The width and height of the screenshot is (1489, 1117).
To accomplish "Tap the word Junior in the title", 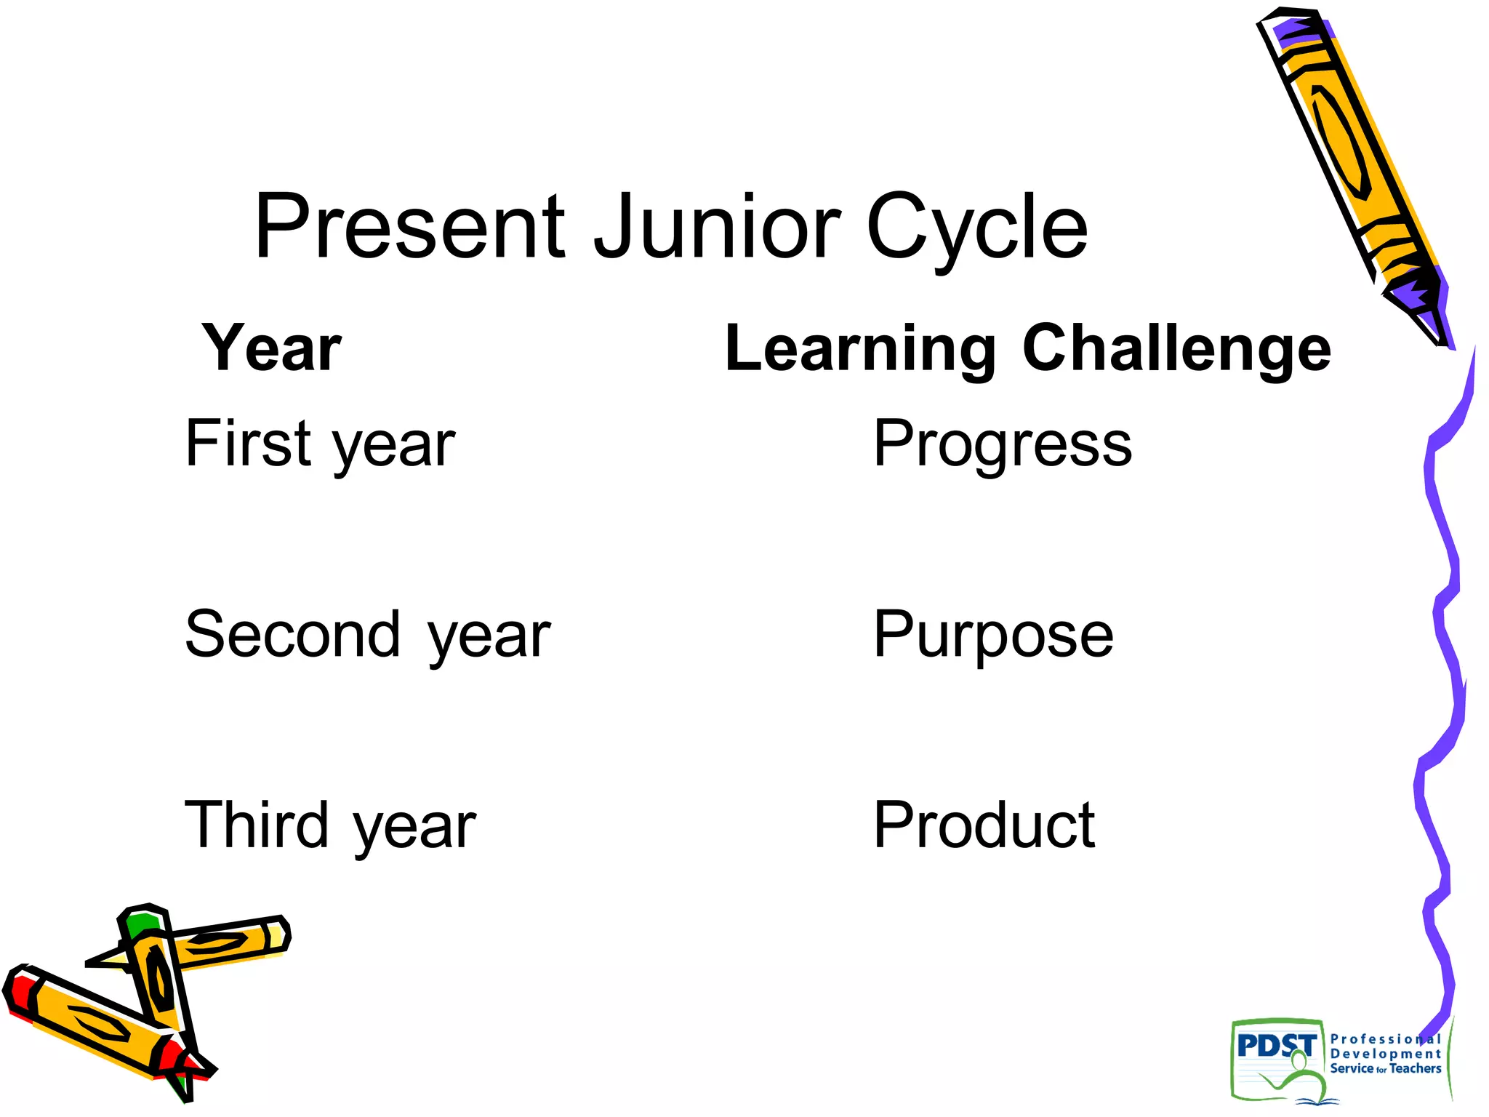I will (717, 227).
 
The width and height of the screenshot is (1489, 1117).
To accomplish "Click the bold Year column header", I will (271, 348).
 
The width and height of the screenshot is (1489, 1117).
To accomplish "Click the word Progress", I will (1002, 444).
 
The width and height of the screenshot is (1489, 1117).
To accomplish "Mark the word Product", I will (984, 825).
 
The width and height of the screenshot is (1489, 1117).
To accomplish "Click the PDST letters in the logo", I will (1276, 1046).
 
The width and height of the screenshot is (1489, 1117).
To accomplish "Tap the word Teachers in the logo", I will (1415, 1069).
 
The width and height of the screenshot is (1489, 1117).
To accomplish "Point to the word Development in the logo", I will (1385, 1054).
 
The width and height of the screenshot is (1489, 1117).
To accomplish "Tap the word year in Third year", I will (414, 829).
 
